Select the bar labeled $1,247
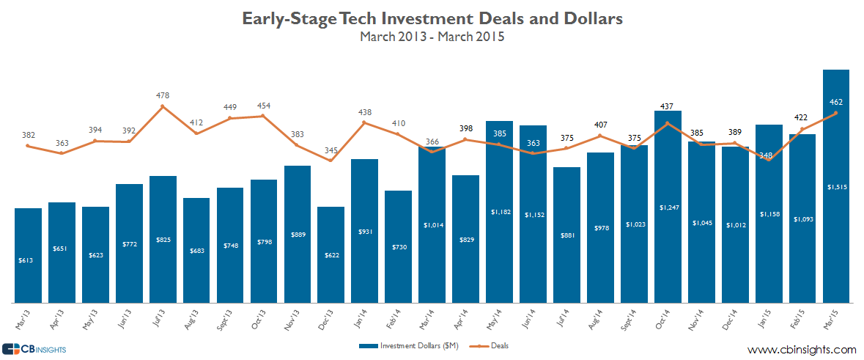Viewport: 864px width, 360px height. coord(668,206)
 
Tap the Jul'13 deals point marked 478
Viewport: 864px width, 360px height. coord(163,106)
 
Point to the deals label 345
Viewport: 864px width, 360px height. coord(331,150)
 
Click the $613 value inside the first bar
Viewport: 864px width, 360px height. coord(28,260)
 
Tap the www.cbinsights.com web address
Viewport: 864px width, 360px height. coord(802,349)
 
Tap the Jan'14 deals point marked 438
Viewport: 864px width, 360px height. coord(365,122)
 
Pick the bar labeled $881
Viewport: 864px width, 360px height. coord(566,235)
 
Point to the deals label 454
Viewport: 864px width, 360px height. coord(264,106)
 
